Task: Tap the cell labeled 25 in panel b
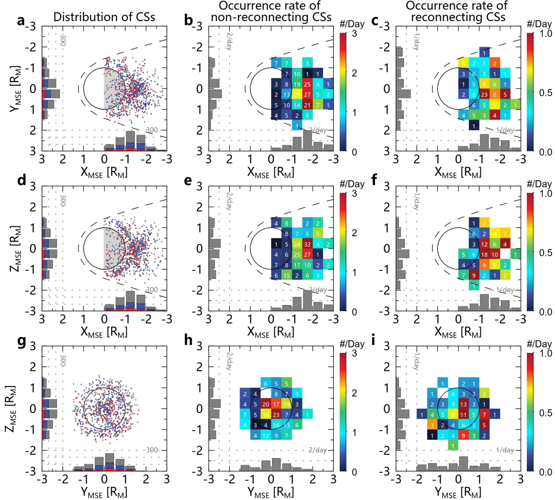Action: (307, 84)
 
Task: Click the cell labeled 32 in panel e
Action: (307, 244)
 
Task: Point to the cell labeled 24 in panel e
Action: (297, 244)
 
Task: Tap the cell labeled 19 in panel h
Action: (287, 404)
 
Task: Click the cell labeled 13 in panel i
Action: (464, 404)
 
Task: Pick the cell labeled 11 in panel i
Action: (464, 414)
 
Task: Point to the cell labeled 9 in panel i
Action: (464, 435)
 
